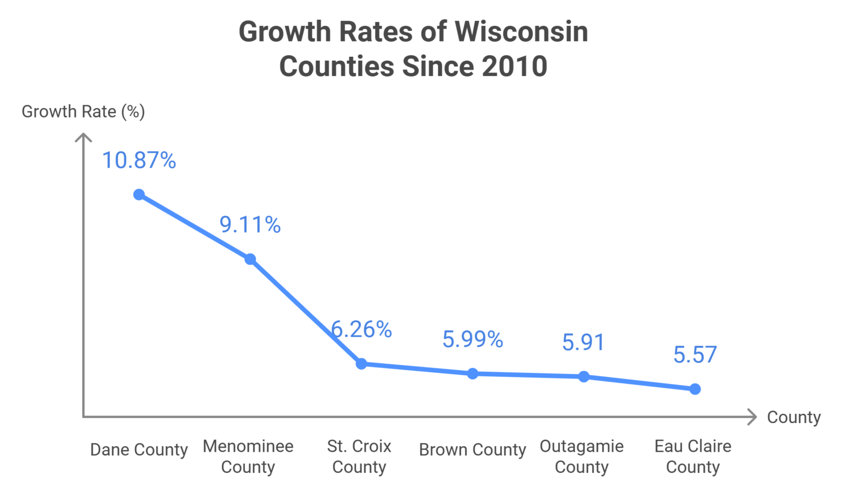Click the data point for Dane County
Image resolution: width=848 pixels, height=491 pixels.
tap(139, 195)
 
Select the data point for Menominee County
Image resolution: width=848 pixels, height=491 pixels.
tap(250, 259)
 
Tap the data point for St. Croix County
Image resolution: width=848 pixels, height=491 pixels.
tap(361, 364)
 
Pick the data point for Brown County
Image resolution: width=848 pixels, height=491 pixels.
tap(473, 374)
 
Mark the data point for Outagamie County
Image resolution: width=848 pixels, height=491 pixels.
tap(584, 377)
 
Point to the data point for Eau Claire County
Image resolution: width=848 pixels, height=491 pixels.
tap(695, 389)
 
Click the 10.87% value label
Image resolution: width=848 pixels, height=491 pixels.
tap(139, 161)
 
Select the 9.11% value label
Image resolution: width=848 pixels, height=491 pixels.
tap(250, 225)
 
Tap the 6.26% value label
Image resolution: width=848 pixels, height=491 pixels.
tap(362, 330)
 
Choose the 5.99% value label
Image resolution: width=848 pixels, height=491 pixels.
tap(473, 339)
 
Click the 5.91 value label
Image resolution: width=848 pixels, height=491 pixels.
tap(584, 343)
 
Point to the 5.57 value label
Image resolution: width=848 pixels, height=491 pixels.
tap(695, 355)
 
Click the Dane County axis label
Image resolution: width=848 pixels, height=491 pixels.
tap(139, 450)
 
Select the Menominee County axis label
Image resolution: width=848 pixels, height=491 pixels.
tap(248, 456)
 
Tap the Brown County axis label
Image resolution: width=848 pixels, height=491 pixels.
tap(473, 450)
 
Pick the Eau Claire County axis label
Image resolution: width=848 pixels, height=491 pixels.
tap(693, 456)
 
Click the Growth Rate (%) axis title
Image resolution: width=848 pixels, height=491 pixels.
tap(83, 111)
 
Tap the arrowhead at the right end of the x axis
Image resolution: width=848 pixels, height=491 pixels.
tap(752, 417)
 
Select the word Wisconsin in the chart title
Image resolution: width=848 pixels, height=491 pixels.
tap(521, 31)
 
